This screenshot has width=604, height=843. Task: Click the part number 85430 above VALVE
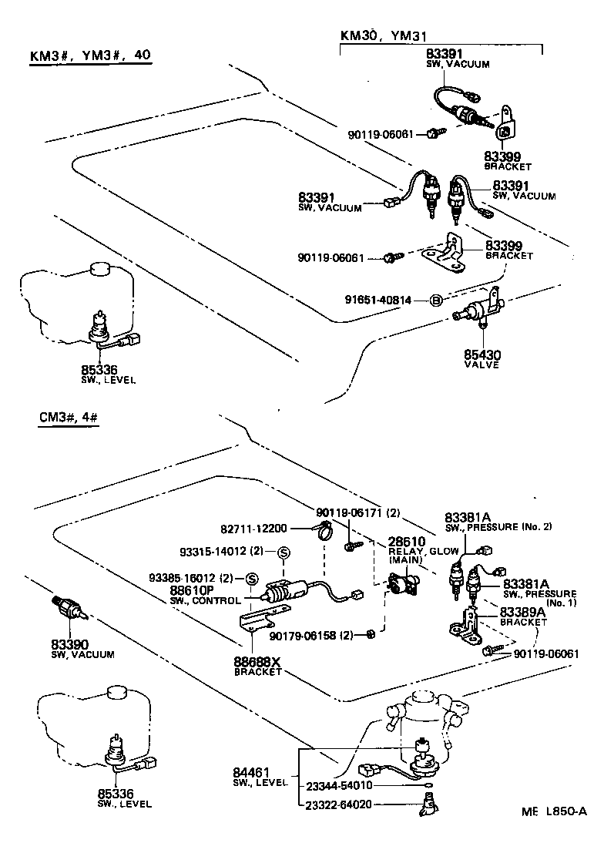pos(482,355)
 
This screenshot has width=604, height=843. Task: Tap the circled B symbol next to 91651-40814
pos(435,299)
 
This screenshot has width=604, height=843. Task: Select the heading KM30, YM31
pos(384,35)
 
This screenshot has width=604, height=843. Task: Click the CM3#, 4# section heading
pos(68,418)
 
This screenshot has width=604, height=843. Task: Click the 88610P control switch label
pos(194,591)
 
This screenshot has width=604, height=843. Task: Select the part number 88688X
pos(257,662)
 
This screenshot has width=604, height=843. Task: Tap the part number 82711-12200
pos(253,529)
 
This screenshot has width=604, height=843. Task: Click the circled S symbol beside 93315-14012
pos(284,552)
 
